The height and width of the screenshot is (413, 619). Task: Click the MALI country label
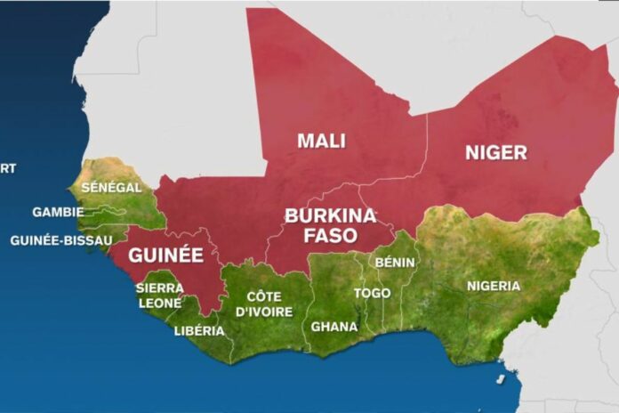click(x=322, y=141)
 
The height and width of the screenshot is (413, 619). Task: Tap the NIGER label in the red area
click(x=495, y=152)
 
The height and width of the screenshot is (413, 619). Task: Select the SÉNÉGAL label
click(x=111, y=188)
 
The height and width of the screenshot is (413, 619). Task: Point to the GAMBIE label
click(x=58, y=212)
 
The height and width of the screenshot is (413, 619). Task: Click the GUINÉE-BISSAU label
click(x=61, y=240)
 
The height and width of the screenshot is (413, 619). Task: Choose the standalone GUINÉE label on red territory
click(x=165, y=255)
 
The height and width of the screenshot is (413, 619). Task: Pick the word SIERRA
click(x=159, y=287)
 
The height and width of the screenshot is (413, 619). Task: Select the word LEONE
click(x=159, y=303)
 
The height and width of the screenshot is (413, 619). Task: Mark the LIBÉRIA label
click(x=199, y=331)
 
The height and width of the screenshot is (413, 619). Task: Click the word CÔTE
click(x=263, y=296)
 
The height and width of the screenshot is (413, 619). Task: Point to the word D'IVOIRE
click(x=263, y=312)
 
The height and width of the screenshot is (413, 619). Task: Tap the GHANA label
click(x=334, y=327)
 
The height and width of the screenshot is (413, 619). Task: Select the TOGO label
click(x=372, y=293)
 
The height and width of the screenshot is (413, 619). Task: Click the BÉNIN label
click(x=395, y=263)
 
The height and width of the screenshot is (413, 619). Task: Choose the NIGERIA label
click(x=494, y=286)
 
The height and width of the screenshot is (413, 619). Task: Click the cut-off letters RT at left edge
click(x=8, y=167)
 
